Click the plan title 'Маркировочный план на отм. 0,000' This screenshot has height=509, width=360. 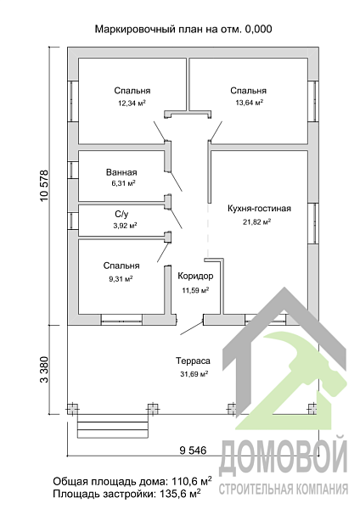[183, 29]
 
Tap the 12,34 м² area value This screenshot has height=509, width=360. [132, 103]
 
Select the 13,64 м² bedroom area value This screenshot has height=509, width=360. [250, 103]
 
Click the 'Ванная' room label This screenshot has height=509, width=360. [121, 172]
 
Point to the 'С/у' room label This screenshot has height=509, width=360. [121, 214]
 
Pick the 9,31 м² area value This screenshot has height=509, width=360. [121, 278]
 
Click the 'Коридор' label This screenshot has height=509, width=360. [195, 276]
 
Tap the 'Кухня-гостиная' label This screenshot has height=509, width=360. [259, 209]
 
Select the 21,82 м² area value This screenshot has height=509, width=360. [257, 221]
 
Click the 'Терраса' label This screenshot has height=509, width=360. [193, 361]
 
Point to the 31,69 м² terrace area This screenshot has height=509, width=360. [194, 374]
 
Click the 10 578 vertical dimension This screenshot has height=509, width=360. [44, 186]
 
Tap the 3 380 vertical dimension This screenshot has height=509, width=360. [44, 370]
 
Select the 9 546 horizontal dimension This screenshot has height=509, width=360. [193, 450]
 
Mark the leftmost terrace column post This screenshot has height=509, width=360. [72, 409]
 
